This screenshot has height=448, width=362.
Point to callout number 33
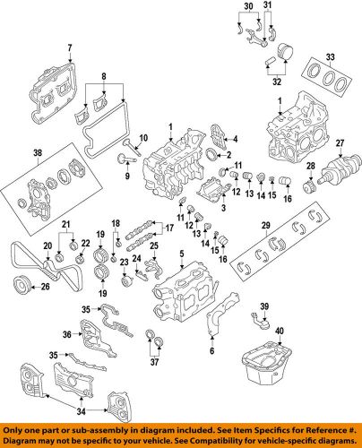(332, 59)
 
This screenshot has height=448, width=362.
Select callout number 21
(65, 222)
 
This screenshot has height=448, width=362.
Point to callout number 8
(107, 77)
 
